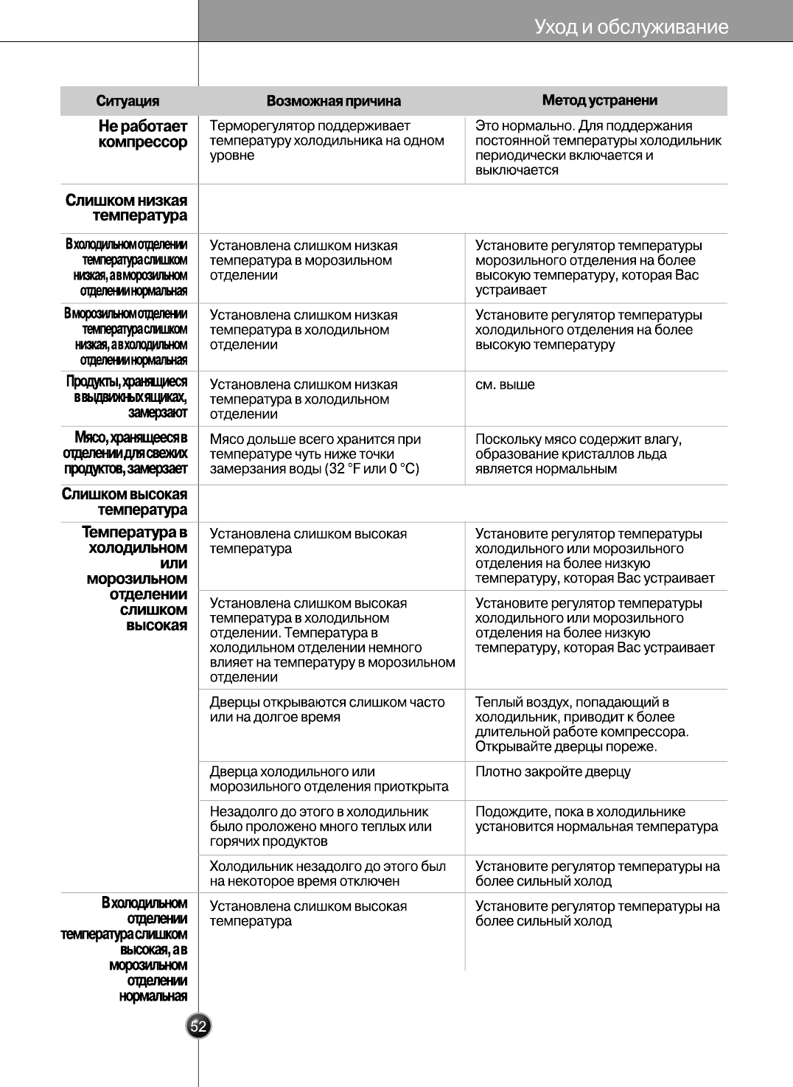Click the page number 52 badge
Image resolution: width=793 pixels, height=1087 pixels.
tap(198, 1026)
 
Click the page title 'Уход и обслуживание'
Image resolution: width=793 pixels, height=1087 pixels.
tap(631, 27)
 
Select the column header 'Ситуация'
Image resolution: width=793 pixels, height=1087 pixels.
tap(127, 101)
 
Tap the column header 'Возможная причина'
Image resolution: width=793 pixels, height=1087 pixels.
tap(333, 101)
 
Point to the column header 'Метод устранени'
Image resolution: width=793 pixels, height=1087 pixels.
tap(599, 100)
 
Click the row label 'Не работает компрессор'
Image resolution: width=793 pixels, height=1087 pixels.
tap(142, 134)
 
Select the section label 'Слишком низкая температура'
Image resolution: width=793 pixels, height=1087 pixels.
tap(126, 208)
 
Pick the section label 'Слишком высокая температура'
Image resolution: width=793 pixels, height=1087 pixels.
tap(125, 501)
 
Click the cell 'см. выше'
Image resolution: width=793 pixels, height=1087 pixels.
tap(505, 385)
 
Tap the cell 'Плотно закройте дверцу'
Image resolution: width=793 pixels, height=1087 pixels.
tap(553, 772)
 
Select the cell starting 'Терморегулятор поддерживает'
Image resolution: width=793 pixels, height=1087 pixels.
tap(326, 141)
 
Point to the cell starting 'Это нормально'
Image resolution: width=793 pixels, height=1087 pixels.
tap(598, 148)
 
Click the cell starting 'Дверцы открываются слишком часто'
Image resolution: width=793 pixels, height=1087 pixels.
tap(327, 709)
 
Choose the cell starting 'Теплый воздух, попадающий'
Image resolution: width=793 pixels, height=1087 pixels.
tap(581, 724)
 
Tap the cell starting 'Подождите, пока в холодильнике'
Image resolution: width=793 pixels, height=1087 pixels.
tap(596, 819)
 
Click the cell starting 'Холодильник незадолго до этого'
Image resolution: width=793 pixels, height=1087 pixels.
tap(327, 874)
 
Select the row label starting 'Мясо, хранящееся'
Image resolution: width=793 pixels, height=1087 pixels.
tap(125, 454)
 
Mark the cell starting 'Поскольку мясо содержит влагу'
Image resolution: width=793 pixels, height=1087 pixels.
tap(578, 454)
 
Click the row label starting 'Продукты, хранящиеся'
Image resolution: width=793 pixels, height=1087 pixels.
tap(127, 397)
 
